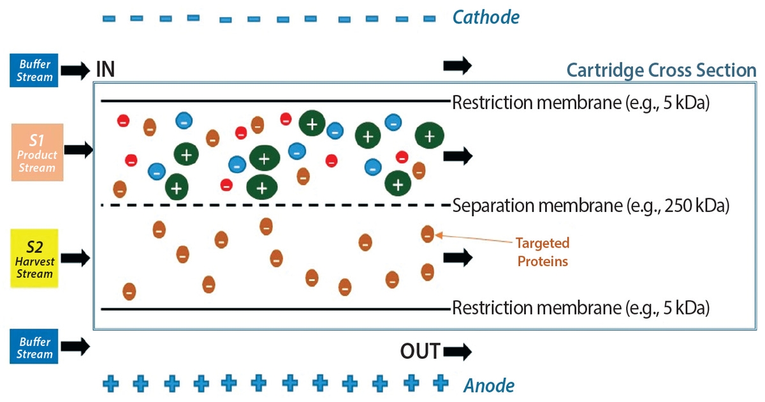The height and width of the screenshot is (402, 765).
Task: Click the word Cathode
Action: point(486,17)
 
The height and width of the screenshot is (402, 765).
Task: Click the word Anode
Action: point(488,385)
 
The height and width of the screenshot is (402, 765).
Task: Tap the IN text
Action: point(105,70)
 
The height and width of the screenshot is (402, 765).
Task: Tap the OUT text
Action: point(419,352)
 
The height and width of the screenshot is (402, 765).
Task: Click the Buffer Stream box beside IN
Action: point(34,70)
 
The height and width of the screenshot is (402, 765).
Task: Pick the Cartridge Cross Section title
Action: point(661,70)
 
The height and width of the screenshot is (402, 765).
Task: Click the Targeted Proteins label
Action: point(543,252)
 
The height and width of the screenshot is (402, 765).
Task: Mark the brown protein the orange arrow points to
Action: point(428,234)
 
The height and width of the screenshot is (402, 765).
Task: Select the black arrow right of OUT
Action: point(457,352)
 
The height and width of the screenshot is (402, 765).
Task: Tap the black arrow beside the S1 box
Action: point(79,151)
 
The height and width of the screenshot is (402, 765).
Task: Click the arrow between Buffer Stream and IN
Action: point(76,70)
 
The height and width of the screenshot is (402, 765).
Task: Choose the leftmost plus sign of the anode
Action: point(111,383)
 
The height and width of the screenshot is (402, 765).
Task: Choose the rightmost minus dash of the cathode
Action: point(430,18)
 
